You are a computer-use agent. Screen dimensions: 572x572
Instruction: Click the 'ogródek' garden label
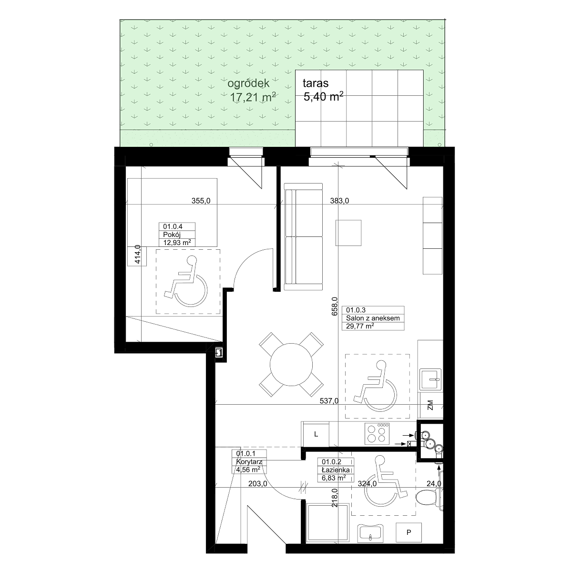pos(248,84)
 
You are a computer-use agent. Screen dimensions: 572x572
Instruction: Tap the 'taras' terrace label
pos(316,83)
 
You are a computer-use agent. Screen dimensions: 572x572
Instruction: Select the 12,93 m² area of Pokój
pos(177,243)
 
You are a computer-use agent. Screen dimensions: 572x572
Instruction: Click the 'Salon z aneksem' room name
pos(373,318)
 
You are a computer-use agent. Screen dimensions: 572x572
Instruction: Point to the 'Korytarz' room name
pos(249,462)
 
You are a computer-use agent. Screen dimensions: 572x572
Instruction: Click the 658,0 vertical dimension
pos(335,306)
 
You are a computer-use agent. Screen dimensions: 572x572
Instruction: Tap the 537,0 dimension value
pos(329,401)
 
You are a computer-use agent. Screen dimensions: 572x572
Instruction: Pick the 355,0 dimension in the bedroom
pos(201,201)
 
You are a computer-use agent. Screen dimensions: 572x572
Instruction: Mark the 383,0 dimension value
pos(339,201)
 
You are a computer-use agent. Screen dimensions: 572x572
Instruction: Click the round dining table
pos(291,365)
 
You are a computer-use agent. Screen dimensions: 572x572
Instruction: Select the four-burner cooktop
pos(377,433)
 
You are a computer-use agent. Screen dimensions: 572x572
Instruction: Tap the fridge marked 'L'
pos(316,434)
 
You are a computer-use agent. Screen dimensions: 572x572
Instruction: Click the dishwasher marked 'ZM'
pos(430,405)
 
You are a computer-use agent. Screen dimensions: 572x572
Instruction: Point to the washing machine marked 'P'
pos(409,532)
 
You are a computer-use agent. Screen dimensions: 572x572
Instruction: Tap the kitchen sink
pos(430,379)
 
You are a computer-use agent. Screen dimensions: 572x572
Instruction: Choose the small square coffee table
pos(348,233)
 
